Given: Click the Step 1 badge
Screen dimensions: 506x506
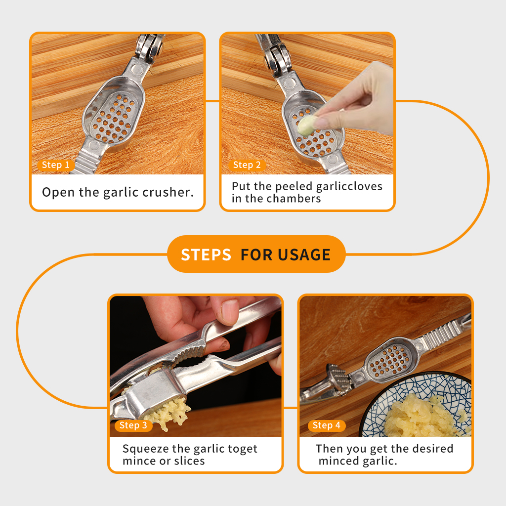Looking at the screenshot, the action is (x=56, y=165).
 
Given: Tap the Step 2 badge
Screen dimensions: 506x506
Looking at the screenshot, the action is (x=247, y=165).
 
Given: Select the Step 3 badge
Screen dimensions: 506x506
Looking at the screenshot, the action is (x=133, y=425).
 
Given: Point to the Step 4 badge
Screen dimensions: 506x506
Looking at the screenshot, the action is (x=327, y=425).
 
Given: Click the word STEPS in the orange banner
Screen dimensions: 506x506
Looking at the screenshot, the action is (x=206, y=254).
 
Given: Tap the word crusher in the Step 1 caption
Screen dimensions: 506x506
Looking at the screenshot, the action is (x=168, y=192).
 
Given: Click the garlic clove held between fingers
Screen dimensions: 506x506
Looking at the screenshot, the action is (x=307, y=125).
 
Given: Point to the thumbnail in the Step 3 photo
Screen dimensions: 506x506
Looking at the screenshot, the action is (x=230, y=312).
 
